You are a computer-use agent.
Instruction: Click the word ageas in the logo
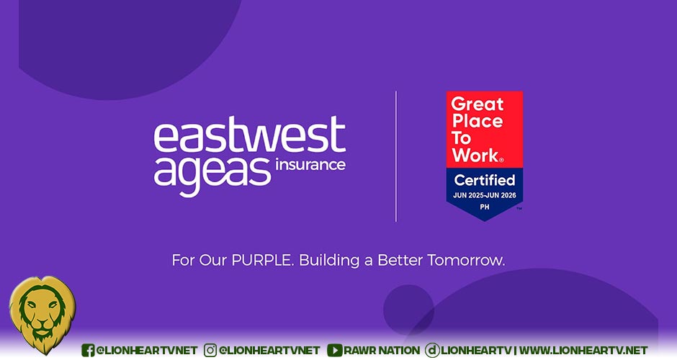pos(212,175)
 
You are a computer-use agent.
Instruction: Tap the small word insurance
pos(310,165)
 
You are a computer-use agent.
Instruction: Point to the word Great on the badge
pos(477,104)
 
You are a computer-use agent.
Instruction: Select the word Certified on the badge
pos(485,180)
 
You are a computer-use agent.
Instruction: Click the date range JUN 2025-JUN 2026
pos(485,196)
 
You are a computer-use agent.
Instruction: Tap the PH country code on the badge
pos(485,207)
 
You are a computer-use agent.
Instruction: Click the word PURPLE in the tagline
pos(262,261)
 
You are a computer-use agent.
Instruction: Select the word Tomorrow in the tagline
pos(466,261)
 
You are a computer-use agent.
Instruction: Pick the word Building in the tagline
pos(329,261)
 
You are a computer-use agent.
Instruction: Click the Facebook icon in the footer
pos(88,350)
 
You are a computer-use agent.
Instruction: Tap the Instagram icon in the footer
pos(210,350)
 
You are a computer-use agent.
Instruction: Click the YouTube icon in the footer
pos(335,350)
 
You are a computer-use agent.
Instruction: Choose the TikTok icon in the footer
pos(431,350)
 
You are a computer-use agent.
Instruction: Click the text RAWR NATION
pos(382,350)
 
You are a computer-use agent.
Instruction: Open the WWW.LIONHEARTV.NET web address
pos(583,350)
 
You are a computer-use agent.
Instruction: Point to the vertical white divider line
pos(396,156)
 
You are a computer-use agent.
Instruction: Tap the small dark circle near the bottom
pos(408,310)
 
